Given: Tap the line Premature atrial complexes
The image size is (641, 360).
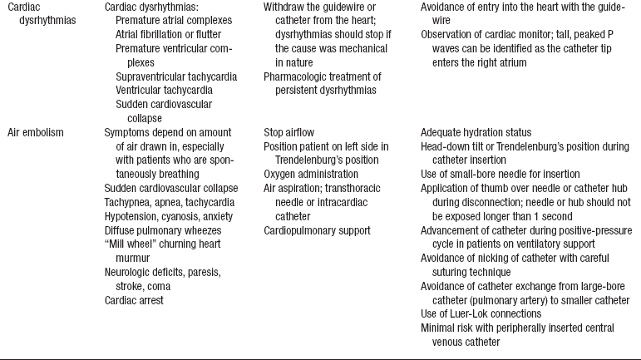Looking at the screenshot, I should point(170,20).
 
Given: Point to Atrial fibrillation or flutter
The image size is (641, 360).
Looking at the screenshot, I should point(165,35).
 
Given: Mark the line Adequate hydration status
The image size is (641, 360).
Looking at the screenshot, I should point(476,132).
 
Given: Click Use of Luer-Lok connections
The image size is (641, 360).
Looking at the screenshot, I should point(482,313).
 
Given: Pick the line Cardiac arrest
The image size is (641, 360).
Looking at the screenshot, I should point(133,300).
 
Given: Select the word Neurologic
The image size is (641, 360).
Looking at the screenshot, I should point(130,272).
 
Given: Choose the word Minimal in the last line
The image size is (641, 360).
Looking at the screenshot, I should point(437,328).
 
